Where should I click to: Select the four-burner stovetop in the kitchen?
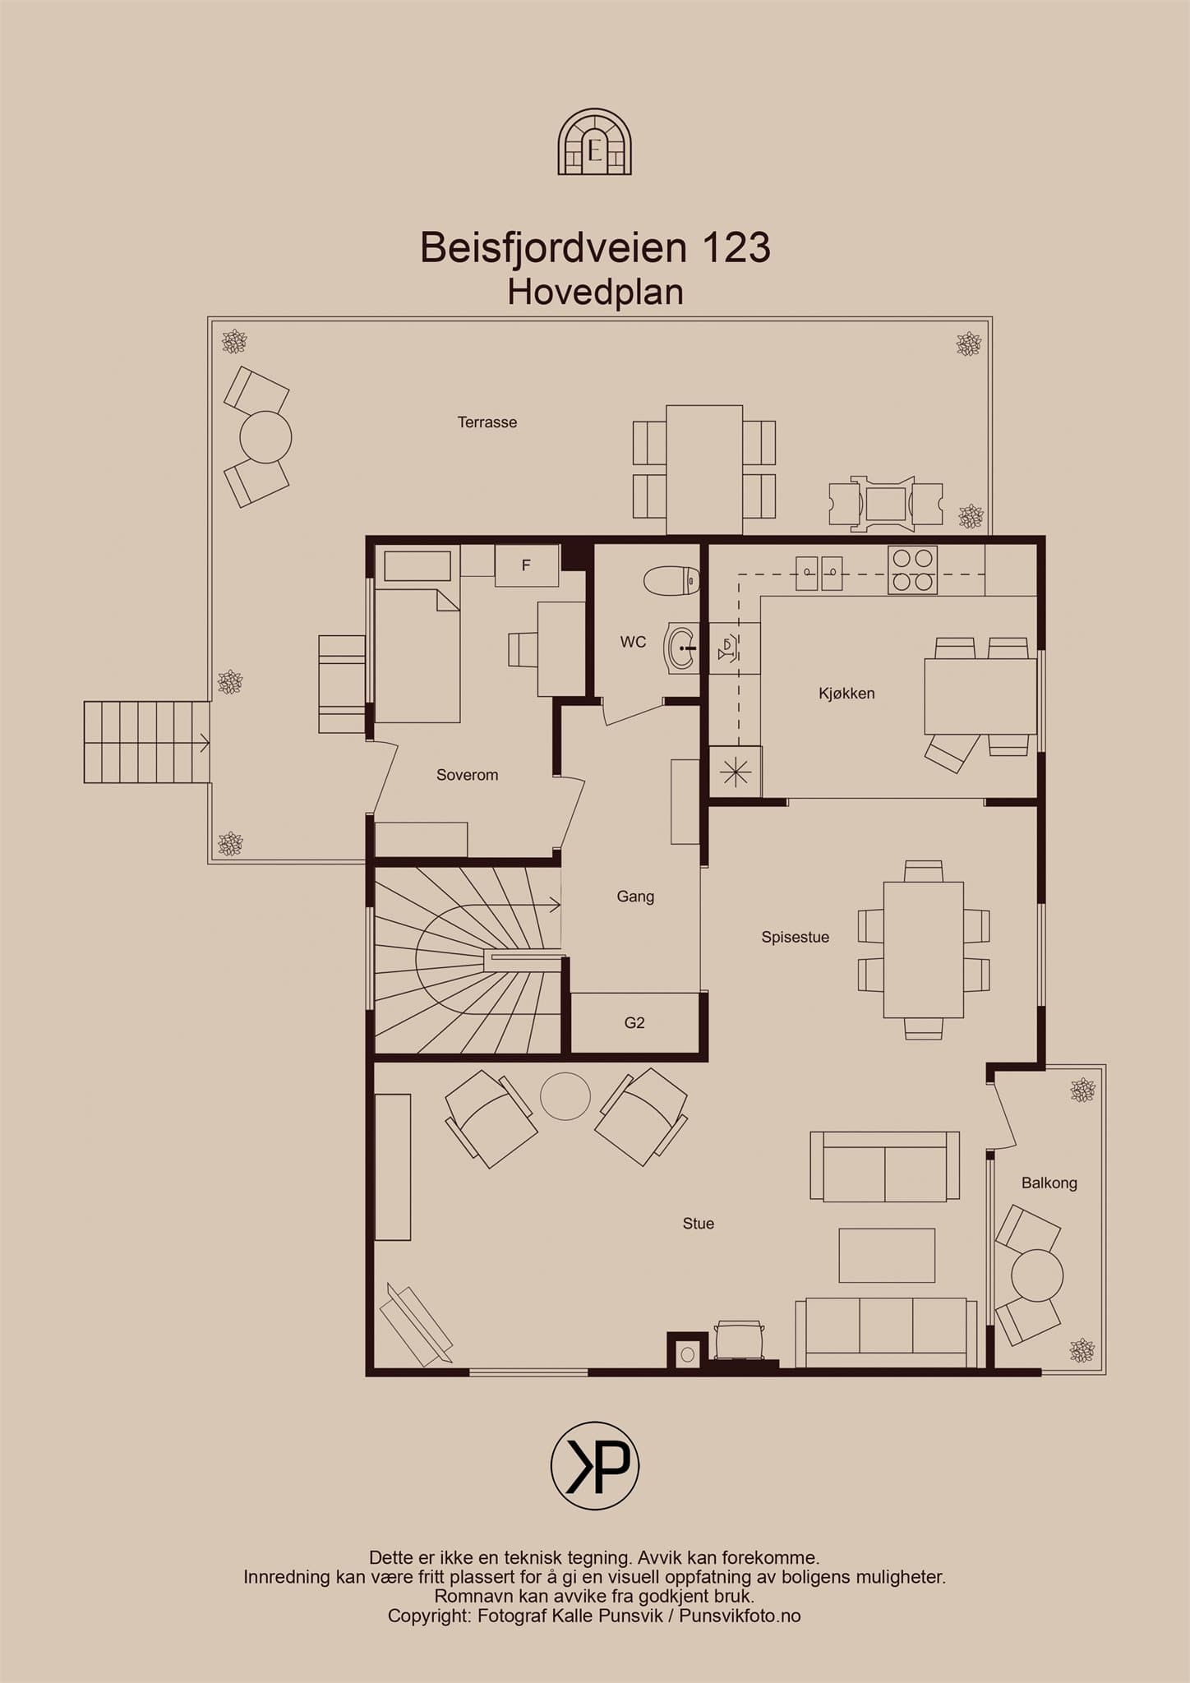pos(912,570)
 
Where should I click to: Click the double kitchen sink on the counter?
pos(819,573)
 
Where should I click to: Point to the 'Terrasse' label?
pos(487,422)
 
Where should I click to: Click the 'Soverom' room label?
pos(467,775)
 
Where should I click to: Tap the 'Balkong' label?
pos(1049,1183)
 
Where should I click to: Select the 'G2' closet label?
pos(634,1023)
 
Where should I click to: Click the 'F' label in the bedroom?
pos(526,565)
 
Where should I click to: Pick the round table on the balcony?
pos(1037,1275)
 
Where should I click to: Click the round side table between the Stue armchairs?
pos(565,1096)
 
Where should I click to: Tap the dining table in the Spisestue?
pos(924,950)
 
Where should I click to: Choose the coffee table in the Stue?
pos(887,1255)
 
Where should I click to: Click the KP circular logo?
pos(595,1466)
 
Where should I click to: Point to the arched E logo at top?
pos(595,143)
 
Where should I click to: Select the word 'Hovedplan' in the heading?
pos(595,293)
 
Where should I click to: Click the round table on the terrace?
pos(265,437)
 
